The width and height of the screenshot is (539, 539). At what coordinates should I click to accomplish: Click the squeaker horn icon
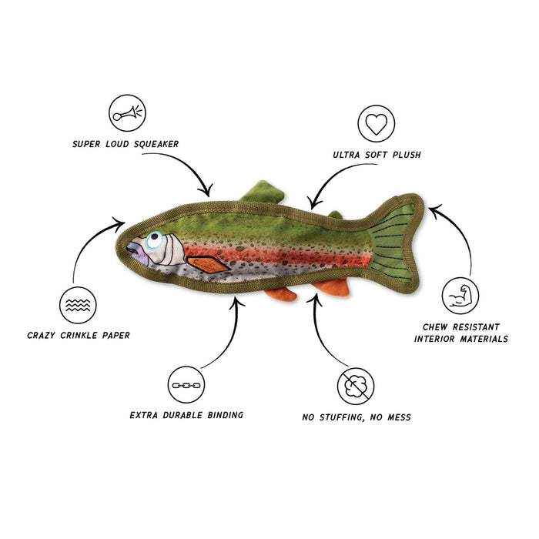pos(127,112)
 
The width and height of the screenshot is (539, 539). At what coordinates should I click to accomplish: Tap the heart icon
pos(376,124)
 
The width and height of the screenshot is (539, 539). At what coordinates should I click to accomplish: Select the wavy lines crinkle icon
pos(78,305)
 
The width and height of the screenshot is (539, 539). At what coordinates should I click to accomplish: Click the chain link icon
pos(186,385)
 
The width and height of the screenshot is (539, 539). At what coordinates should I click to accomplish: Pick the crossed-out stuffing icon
pos(356,386)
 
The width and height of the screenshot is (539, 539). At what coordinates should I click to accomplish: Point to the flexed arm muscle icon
pos(460,296)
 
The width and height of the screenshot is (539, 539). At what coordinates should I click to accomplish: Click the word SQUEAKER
pos(156,144)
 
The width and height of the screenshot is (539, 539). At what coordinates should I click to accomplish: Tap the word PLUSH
pos(407,155)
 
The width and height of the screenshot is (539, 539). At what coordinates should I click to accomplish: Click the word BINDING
pos(225,415)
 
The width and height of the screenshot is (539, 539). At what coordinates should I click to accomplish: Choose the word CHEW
pos(435,327)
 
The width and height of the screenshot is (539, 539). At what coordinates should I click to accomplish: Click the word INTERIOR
pos(434,339)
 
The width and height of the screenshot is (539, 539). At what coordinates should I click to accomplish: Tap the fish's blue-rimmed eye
pos(154,239)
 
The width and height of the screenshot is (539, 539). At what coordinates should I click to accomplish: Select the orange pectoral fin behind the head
pos(207,264)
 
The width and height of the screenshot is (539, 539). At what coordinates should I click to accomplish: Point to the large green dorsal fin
pos(263,192)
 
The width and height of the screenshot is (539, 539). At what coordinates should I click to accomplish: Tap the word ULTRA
pos(346,155)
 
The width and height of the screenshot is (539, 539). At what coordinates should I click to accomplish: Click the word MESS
pos(399,417)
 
